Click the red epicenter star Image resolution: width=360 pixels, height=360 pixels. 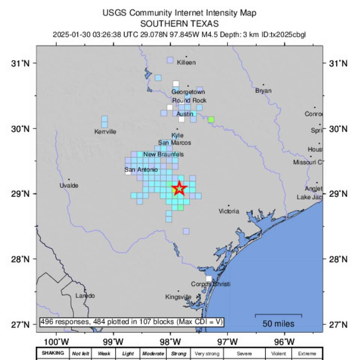[179, 188]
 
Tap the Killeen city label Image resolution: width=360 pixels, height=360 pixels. [186, 62]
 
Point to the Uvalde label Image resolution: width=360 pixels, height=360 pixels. [69, 185]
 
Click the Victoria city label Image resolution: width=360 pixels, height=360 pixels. [229, 211]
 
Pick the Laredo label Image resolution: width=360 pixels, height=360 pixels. [85, 295]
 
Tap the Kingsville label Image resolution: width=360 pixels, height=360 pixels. [178, 297]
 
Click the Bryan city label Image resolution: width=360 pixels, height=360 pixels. [263, 90]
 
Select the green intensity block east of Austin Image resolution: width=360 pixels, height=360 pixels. [211, 120]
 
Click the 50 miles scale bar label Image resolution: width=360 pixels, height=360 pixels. [278, 324]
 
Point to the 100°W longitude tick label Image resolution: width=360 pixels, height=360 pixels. [57, 342]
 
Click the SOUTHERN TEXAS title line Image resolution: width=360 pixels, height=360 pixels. [180, 24]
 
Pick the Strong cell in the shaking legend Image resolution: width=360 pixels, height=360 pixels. [178, 354]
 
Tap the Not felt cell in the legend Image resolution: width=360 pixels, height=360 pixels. [81, 354]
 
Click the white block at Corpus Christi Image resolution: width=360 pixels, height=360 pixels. [208, 279]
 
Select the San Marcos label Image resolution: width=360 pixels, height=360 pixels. [174, 142]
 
